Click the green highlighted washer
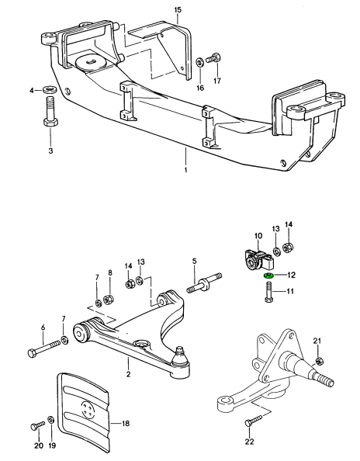coord(268,276)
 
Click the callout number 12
coord(291,275)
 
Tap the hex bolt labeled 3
coord(50,112)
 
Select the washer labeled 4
coord(50,89)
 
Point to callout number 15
coord(178,10)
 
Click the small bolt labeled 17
coord(213,57)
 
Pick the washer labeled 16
coord(200,62)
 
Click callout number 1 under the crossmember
coord(185,170)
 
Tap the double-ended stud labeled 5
coord(204,282)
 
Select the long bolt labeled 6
coord(44,347)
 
